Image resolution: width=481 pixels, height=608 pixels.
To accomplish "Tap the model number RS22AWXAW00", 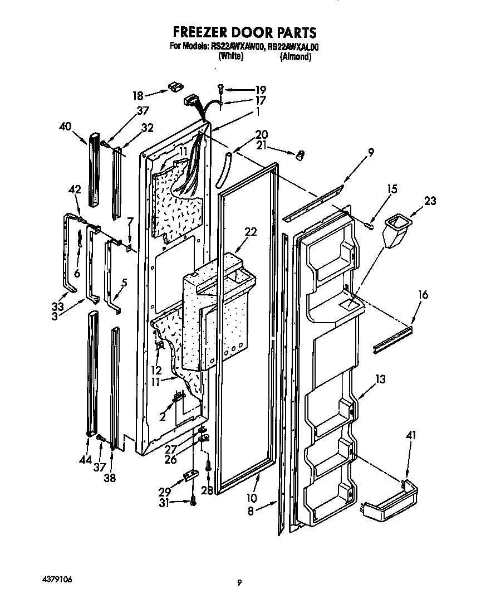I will [238, 47].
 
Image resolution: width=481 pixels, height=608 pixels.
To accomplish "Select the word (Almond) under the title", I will [295, 56].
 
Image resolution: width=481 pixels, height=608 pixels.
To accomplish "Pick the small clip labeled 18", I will [176, 87].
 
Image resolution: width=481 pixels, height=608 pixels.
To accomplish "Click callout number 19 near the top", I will [260, 89].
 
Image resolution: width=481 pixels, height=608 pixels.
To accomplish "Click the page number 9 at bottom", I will [239, 583].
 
